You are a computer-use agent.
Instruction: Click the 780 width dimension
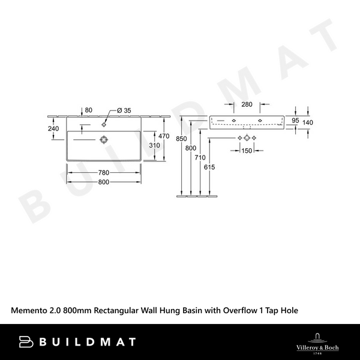pyautogui.click(x=104, y=174)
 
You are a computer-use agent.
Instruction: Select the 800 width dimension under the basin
pyautogui.click(x=104, y=182)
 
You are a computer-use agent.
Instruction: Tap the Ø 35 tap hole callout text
pyautogui.click(x=124, y=110)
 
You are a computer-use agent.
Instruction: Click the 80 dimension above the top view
pyautogui.click(x=88, y=110)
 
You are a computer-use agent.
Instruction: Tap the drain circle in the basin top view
pyautogui.click(x=104, y=139)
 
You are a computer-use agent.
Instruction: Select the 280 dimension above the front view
pyautogui.click(x=247, y=104)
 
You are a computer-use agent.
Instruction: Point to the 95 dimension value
pyautogui.click(x=295, y=121)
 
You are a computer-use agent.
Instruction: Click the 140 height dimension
pyautogui.click(x=308, y=122)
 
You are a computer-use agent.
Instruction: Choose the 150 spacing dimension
pyautogui.click(x=247, y=150)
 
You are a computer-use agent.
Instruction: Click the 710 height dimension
pyautogui.click(x=200, y=157)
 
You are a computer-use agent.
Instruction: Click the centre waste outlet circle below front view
pyautogui.click(x=247, y=139)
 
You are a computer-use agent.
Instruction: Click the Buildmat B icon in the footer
pyautogui.click(x=26, y=341)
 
